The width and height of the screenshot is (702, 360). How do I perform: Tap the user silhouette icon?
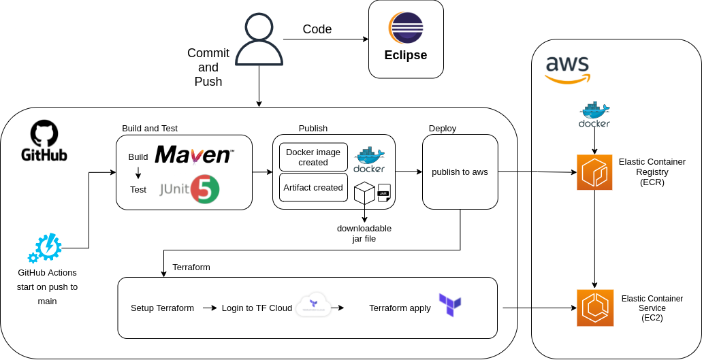tap(259, 39)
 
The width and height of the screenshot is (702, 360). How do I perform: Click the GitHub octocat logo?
tap(44, 133)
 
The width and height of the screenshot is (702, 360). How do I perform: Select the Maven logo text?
tap(194, 155)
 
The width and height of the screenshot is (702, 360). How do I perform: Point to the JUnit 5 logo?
tap(190, 189)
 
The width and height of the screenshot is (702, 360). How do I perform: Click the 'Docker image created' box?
tap(313, 157)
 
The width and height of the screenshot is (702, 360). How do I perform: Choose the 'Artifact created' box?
tap(313, 188)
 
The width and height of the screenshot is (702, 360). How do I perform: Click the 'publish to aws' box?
tap(460, 171)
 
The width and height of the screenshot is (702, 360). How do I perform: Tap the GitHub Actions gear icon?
tap(45, 248)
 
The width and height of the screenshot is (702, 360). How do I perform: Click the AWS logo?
tap(568, 69)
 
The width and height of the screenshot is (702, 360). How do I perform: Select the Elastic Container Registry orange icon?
tap(594, 172)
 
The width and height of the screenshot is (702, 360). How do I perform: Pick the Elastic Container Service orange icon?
tap(594, 308)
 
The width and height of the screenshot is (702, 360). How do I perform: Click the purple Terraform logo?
tap(450, 305)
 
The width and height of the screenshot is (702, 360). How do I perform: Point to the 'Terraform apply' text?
tap(400, 308)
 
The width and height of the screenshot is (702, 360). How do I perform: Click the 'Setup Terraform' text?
tap(162, 308)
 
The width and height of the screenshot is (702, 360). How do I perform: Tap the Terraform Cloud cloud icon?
tap(314, 304)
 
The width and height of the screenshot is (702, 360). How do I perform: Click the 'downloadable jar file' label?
tap(364, 233)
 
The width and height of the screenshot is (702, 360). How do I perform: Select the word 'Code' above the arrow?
tap(317, 29)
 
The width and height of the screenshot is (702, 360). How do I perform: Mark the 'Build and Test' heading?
tap(150, 128)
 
